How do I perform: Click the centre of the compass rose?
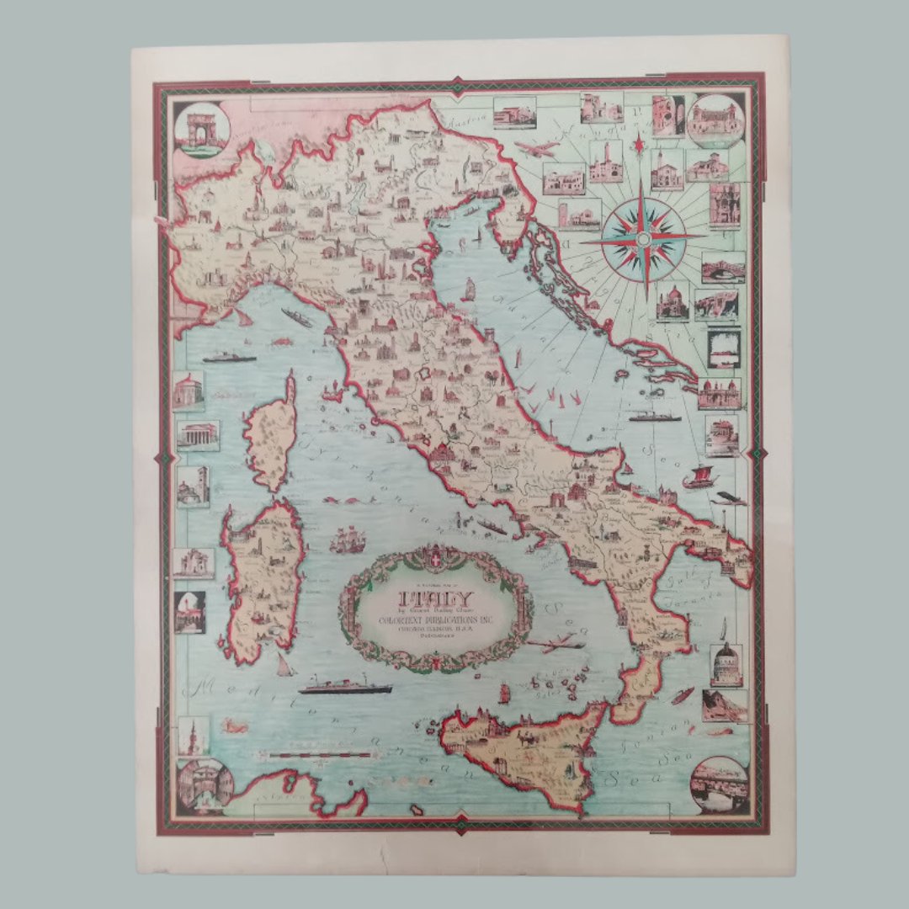(x=644, y=239)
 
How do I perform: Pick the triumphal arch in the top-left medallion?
(x=201, y=130)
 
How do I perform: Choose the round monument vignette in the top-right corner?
(x=715, y=120)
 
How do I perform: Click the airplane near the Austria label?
(x=537, y=150)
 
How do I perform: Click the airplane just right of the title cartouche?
(x=555, y=645)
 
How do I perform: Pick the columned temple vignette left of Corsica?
(x=198, y=436)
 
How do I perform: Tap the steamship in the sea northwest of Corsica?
(x=229, y=358)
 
